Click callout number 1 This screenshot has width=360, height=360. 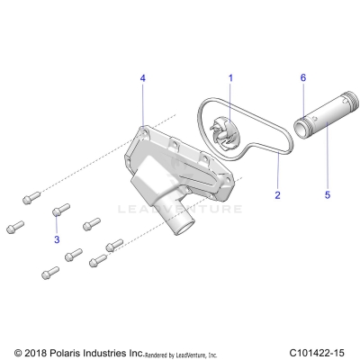pyautogui.click(x=229, y=78)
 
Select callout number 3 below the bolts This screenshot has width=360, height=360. pyautogui.click(x=57, y=240)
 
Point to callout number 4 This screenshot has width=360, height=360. pyautogui.click(x=142, y=78)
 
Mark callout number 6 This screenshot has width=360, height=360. pyautogui.click(x=302, y=78)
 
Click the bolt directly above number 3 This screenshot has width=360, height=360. pyautogui.click(x=58, y=211)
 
